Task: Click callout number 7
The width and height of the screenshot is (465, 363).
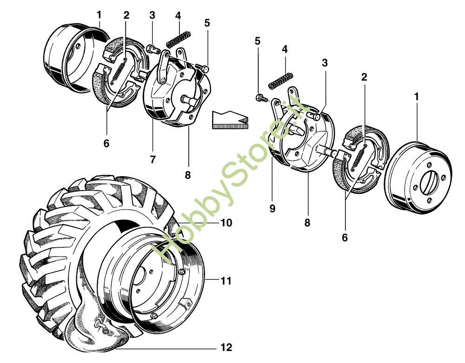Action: tap(152, 159)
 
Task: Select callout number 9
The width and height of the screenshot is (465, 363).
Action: tap(272, 209)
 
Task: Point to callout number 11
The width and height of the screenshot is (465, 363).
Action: tap(226, 281)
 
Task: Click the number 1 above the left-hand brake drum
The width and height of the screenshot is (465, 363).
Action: tap(99, 14)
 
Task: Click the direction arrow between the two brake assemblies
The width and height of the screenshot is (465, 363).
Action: tap(230, 119)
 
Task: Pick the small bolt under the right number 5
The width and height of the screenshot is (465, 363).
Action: tap(260, 98)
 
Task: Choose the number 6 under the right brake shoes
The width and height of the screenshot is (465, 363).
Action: tap(345, 237)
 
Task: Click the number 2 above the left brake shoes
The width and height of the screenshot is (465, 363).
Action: tap(126, 14)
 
